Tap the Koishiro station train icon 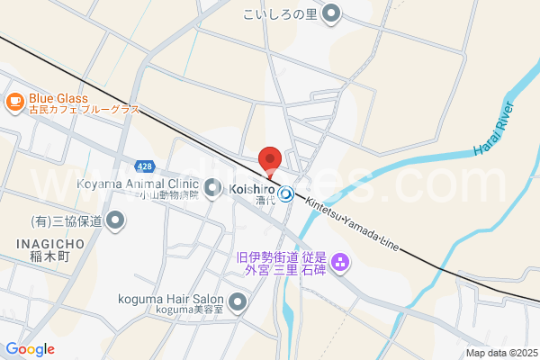(286, 192)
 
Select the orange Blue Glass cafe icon (14, 102)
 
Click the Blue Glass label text (58, 99)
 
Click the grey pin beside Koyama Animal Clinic (212, 187)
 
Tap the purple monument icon (340, 263)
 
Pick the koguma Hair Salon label (170, 299)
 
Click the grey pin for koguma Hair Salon (238, 301)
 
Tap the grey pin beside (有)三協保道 (115, 220)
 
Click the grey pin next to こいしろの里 (332, 13)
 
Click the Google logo (31, 349)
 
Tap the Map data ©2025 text (500, 353)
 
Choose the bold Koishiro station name (252, 189)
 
